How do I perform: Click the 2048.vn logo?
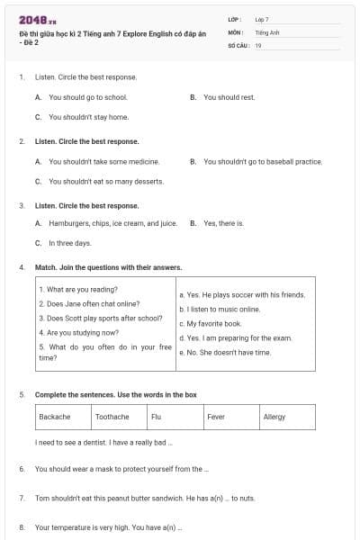(37, 19)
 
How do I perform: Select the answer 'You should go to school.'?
(87, 97)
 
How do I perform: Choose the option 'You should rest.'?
(229, 97)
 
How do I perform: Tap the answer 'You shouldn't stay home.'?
(88, 117)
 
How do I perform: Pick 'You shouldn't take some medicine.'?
(103, 162)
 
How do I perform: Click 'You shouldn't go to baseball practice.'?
(262, 162)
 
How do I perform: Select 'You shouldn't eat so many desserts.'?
(106, 181)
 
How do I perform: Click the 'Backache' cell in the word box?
(63, 417)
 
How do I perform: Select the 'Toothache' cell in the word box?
(119, 417)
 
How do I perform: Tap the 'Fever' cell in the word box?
(230, 417)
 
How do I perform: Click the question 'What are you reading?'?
(78, 290)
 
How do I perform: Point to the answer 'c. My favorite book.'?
(211, 323)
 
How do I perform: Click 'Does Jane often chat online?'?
(89, 304)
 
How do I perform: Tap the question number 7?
(22, 497)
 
